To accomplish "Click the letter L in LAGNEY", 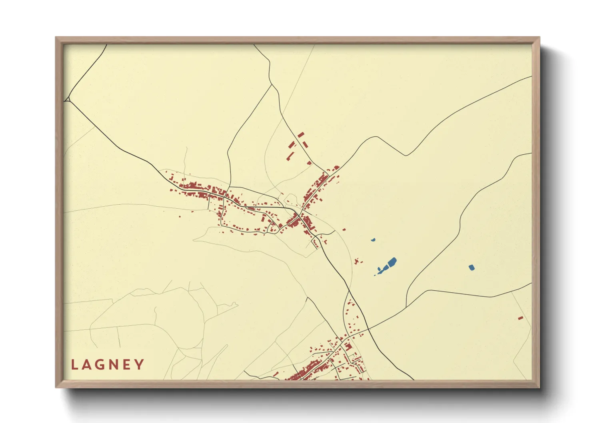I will (x=74, y=365).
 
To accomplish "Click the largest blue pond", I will (x=391, y=263).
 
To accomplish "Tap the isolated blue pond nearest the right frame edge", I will (x=472, y=267).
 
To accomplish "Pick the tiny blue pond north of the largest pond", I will (x=373, y=240).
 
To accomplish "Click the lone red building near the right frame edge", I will (x=520, y=318).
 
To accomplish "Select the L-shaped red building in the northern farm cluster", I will (x=291, y=145).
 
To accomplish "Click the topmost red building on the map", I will (x=301, y=135).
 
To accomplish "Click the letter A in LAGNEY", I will (x=87, y=365).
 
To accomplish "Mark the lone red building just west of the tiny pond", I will (x=344, y=229).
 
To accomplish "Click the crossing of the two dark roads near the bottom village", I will (x=367, y=329).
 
